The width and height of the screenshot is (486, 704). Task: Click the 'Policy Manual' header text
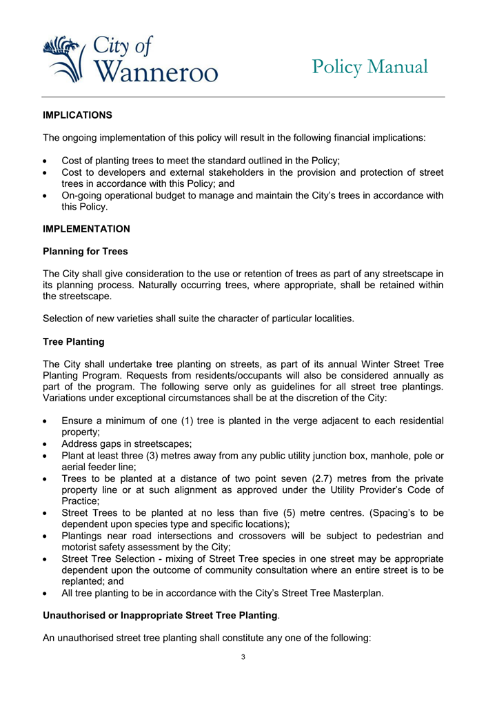point(369,67)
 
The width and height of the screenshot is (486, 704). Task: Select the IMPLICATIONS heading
point(77,114)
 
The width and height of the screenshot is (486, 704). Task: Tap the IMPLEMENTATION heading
point(86,228)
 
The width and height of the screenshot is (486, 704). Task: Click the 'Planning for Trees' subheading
point(85,252)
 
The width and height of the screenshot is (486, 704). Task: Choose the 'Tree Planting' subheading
point(74,341)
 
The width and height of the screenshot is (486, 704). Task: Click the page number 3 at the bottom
point(243,656)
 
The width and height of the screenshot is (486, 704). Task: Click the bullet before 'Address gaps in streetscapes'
point(45,443)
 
